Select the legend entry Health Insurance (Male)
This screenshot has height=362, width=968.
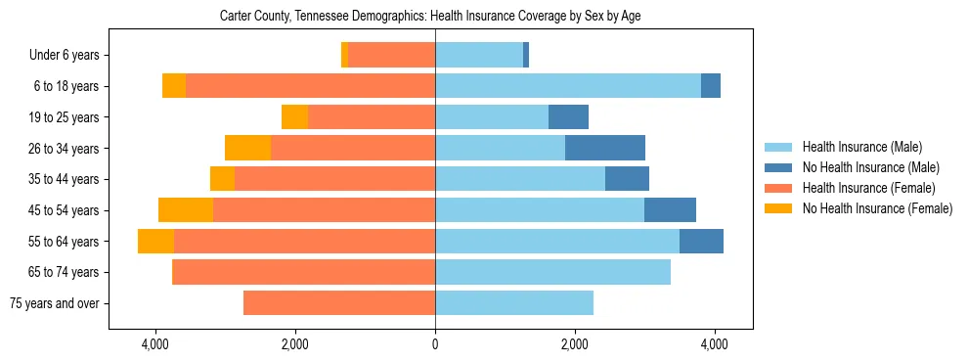(860, 147)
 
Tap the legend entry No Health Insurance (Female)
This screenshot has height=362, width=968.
(877, 208)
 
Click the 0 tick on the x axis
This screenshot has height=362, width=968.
(435, 344)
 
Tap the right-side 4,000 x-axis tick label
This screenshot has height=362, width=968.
(714, 344)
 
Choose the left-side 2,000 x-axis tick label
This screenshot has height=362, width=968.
(295, 344)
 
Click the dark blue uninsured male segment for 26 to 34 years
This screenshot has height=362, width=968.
(605, 148)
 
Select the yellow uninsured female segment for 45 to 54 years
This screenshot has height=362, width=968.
(186, 209)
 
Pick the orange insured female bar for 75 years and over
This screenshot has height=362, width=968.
(339, 303)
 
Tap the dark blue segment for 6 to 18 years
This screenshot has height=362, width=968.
(711, 86)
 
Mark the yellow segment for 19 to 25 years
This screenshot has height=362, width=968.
(294, 116)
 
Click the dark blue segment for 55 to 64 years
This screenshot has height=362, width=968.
(701, 241)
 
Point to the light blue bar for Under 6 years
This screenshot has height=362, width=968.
(479, 55)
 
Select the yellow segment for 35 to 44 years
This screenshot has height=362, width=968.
(222, 179)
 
